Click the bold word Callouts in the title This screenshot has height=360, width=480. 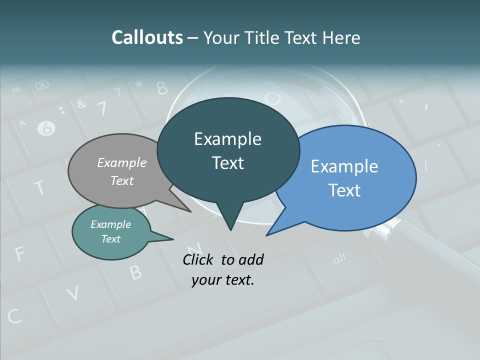point(147,37)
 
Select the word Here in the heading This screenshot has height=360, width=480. point(341,37)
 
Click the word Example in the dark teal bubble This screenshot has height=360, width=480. point(227,139)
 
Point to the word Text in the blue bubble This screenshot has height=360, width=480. point(344,190)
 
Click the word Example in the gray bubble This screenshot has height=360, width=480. point(122,162)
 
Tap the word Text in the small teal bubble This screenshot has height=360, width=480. point(111,239)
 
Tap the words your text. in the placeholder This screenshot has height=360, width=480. point(222,280)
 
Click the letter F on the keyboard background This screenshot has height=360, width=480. point(20,253)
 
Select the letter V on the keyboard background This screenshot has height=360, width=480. point(73,294)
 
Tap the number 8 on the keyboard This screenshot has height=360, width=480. point(162,88)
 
